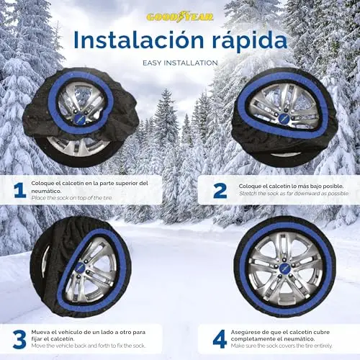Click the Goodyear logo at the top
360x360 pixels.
(x=180, y=17)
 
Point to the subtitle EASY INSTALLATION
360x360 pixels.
(x=180, y=63)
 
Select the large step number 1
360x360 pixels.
(x=19, y=190)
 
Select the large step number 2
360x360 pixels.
(x=220, y=191)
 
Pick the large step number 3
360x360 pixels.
(x=19, y=339)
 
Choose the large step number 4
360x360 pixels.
(x=220, y=339)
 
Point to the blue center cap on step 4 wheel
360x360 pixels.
(x=285, y=268)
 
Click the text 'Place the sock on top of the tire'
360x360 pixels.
(x=72, y=198)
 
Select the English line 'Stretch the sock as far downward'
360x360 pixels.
(x=294, y=194)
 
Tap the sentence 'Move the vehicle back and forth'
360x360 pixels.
(x=89, y=346)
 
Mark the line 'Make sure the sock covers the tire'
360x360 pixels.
(x=282, y=346)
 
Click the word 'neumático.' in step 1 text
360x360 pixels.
(x=46, y=192)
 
